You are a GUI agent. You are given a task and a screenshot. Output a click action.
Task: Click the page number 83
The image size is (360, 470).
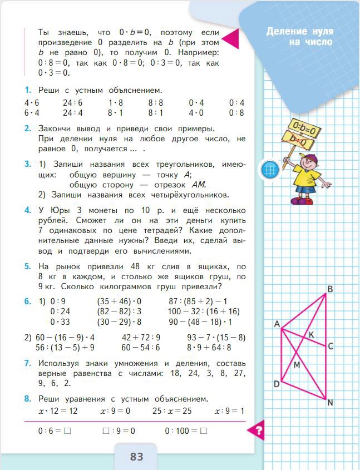pos(136,457)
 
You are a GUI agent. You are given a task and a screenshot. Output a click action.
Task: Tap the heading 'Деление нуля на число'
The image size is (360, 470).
pos(299,36)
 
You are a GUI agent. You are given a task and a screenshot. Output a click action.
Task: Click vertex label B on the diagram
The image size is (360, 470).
pos(330,289)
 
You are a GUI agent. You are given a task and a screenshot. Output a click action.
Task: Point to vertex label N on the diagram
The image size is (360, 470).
pos(331,403)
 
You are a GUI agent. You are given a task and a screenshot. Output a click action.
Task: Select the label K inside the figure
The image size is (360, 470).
pos(311,335)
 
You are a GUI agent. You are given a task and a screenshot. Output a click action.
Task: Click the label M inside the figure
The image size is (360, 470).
pos(297,365)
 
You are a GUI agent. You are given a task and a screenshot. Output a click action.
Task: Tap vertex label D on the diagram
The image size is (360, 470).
pos(276,384)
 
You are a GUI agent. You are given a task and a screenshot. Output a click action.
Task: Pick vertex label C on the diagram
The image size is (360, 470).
pos(330,347)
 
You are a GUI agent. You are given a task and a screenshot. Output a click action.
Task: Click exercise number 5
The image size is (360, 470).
pos(27,266)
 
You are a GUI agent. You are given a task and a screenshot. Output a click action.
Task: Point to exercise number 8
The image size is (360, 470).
pos(27,399)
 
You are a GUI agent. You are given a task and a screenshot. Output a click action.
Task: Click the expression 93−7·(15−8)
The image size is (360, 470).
pos(216,337)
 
